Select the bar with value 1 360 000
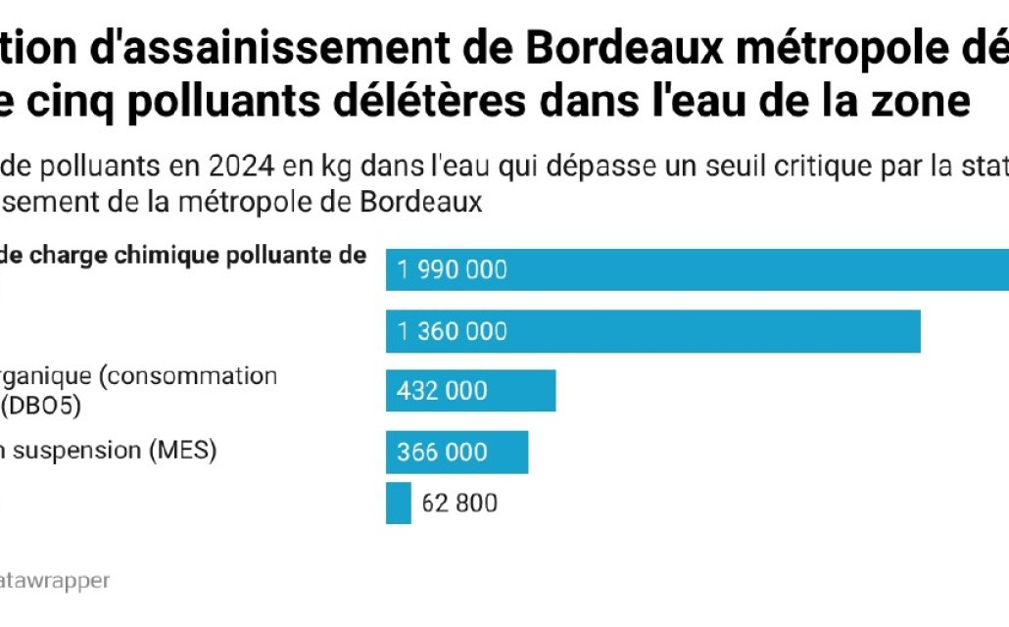click(x=653, y=331)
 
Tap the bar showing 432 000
click(x=471, y=391)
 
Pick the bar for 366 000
click(x=457, y=452)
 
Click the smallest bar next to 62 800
click(x=399, y=503)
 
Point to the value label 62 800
click(x=459, y=504)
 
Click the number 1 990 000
click(x=453, y=269)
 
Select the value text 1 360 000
click(x=453, y=331)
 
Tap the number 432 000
click(x=442, y=391)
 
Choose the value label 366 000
click(x=442, y=452)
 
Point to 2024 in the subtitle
click(x=238, y=166)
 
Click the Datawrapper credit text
click(x=54, y=580)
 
